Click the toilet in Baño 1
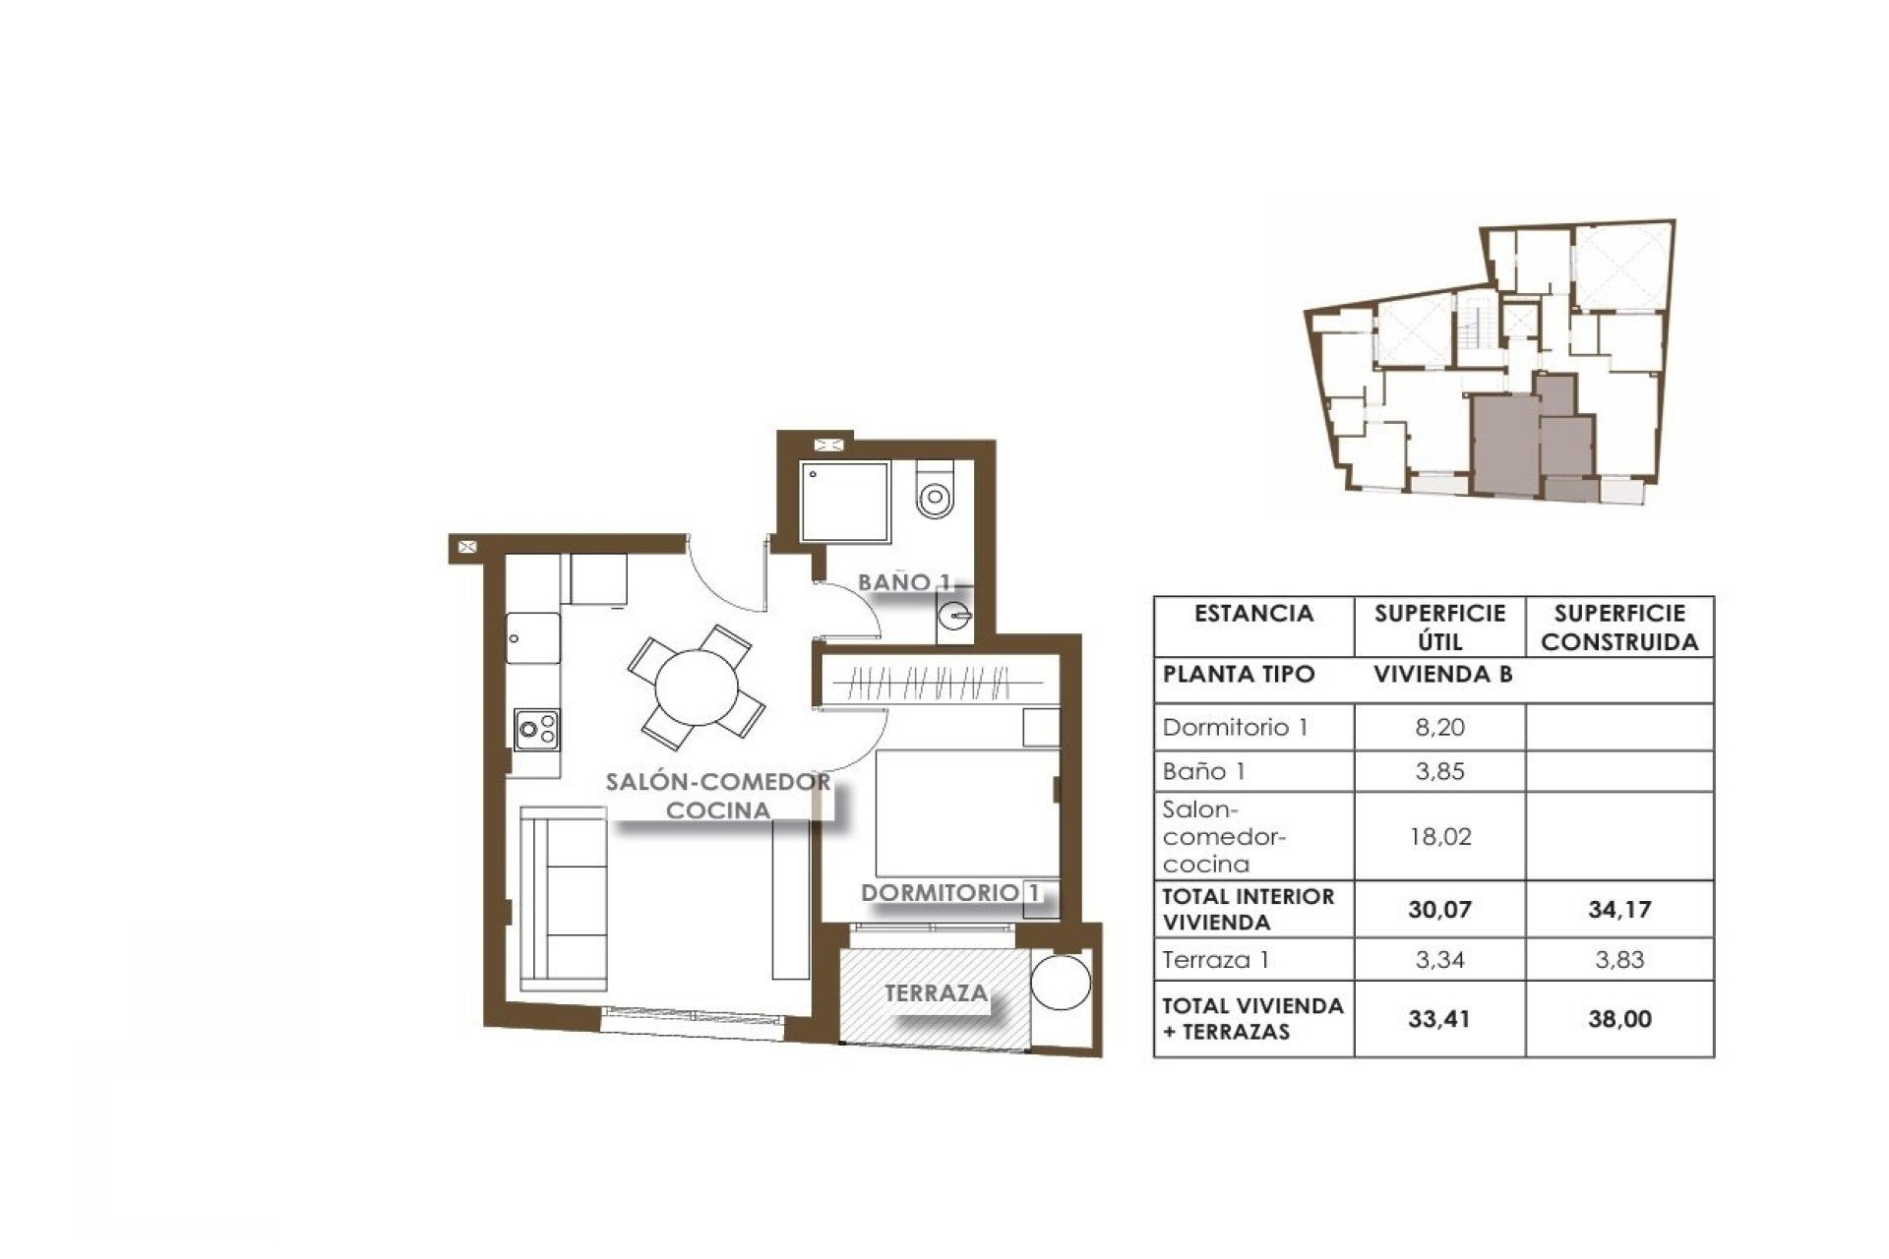point(935,489)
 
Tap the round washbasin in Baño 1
point(954,618)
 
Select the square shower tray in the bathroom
point(844,502)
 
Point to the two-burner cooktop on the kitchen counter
point(536,730)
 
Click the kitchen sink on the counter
point(533,638)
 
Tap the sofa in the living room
point(563,898)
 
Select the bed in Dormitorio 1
point(967,813)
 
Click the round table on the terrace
point(1061,981)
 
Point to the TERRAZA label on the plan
point(936,993)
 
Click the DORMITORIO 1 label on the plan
point(951,893)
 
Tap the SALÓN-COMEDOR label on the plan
point(717,783)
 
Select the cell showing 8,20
point(1440,728)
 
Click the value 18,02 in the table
point(1440,837)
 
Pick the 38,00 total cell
point(1619,1019)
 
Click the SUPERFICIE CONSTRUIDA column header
point(1619,628)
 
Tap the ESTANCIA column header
point(1253,614)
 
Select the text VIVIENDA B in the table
point(1443,675)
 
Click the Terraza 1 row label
point(1216,959)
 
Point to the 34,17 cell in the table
point(1619,910)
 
